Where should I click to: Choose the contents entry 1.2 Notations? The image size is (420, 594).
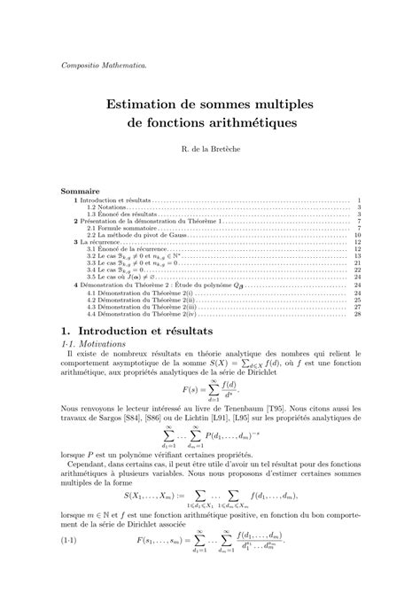click(108, 207)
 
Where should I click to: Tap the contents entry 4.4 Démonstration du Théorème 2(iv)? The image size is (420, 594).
click(144, 314)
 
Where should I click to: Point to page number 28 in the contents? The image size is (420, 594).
click(356, 314)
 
